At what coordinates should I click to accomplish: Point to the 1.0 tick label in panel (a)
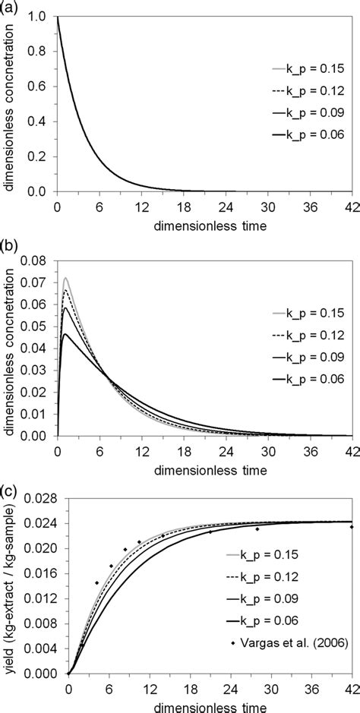click(43, 15)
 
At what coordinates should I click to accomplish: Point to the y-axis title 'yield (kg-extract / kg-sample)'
click(9, 585)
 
